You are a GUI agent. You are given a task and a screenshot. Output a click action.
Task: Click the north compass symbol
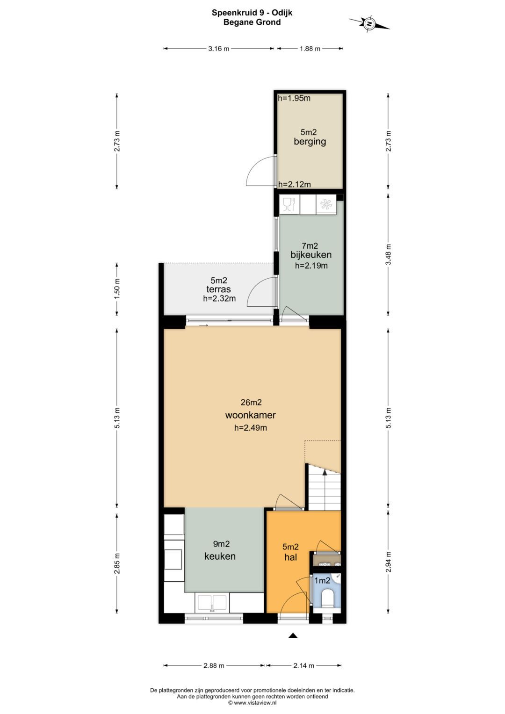tap(369, 23)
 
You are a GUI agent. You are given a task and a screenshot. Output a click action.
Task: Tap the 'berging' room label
tap(310, 141)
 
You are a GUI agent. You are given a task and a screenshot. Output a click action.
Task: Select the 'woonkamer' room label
tap(250, 415)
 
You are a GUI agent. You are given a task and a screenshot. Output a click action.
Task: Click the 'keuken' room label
tap(220, 556)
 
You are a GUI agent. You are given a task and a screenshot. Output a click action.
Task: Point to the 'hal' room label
tap(290, 557)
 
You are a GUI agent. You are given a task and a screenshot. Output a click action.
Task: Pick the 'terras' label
tap(218, 289)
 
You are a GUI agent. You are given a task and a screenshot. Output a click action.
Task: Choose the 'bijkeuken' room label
tap(311, 255)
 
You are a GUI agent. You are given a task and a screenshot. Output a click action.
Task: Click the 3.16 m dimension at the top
tap(219, 49)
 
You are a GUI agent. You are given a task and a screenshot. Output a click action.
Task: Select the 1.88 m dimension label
tap(310, 49)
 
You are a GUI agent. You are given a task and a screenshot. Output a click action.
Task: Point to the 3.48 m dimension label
tap(388, 254)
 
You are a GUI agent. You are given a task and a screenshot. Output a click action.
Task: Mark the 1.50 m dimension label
tap(117, 289)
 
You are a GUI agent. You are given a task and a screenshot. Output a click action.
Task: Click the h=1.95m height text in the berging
tap(294, 98)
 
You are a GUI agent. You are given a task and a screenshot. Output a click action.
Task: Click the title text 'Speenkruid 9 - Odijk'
tap(252, 13)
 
